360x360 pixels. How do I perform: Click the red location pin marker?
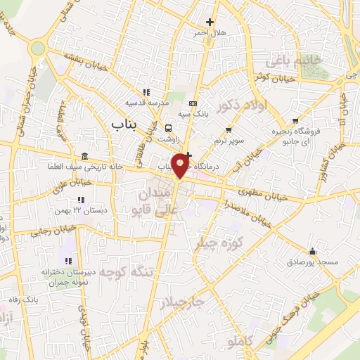point(181,165)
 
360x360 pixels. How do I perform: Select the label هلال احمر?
point(209,33)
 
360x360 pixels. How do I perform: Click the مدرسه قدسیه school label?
point(146,103)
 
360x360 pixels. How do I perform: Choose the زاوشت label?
point(168,139)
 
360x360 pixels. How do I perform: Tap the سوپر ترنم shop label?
point(229,141)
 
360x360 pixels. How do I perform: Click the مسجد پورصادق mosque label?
point(311,262)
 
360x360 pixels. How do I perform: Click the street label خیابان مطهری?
point(264,194)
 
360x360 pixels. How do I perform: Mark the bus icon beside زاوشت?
point(168,128)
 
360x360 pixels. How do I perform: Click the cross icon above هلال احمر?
point(209,22)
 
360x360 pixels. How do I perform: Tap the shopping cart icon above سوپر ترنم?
point(229,129)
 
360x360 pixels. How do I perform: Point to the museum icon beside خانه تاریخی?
point(85,156)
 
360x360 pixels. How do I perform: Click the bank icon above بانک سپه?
point(193,105)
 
